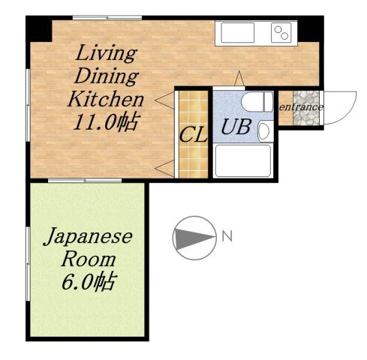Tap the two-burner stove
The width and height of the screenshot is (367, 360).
coord(281,32)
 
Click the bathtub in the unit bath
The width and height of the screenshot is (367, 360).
coord(242,160)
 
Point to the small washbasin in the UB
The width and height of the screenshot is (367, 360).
coord(263,131)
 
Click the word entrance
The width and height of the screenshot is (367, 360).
coord(301,107)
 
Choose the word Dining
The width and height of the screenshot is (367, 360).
coord(107,76)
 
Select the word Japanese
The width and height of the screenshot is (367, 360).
coord(87,238)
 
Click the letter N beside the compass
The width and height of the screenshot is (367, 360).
coord(227,237)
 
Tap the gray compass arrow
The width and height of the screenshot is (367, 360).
coord(194,237)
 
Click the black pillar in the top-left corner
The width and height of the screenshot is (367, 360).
coord(39,28)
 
